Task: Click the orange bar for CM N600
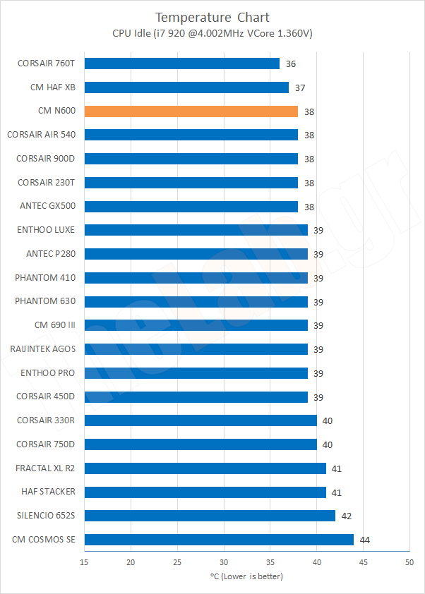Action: (x=191, y=111)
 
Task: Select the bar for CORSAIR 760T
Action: (x=181, y=63)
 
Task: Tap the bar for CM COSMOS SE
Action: (x=219, y=540)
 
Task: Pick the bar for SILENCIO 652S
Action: (x=210, y=516)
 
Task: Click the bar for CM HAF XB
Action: (x=186, y=87)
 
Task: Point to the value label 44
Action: (x=364, y=540)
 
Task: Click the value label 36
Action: (x=291, y=64)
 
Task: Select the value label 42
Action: (x=346, y=516)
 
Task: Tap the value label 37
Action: (x=300, y=88)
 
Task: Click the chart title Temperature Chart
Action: (x=212, y=17)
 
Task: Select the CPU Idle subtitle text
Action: (x=212, y=33)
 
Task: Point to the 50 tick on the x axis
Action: (x=409, y=562)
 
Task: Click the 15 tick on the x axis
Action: (x=84, y=562)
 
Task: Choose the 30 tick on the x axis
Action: (x=223, y=562)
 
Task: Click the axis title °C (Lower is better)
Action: (x=246, y=576)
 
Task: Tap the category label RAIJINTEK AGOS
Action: (x=43, y=349)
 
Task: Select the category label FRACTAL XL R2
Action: (x=45, y=468)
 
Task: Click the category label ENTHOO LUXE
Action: (x=46, y=230)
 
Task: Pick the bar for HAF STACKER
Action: (x=205, y=492)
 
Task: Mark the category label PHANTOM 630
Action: (x=45, y=301)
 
